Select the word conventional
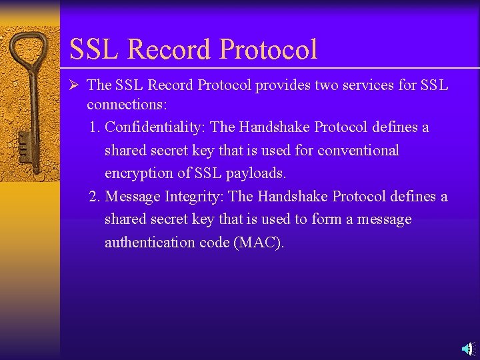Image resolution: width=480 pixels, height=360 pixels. point(358,151)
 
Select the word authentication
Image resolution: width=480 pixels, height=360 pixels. point(149,243)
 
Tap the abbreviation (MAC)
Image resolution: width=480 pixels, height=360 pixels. point(259,243)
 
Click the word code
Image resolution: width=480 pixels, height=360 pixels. point(214,243)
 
